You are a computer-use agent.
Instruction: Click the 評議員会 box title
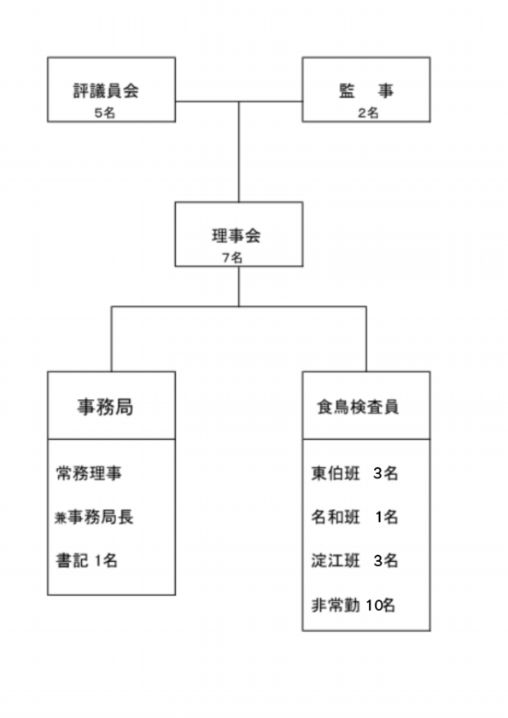(106, 90)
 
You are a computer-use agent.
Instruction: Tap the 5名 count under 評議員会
(105, 113)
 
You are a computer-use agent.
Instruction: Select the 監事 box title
(366, 90)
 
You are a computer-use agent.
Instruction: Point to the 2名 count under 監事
(368, 113)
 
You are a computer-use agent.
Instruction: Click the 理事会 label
(236, 236)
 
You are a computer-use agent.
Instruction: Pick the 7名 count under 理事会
(232, 258)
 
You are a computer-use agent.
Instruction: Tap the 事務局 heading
(105, 407)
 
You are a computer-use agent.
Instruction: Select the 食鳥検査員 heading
(358, 407)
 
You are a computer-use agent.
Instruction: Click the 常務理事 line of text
(89, 473)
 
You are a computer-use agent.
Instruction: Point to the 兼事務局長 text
(94, 517)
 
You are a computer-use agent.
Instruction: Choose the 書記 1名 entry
(86, 560)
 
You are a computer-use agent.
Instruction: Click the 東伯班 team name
(336, 473)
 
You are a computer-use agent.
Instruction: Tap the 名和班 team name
(336, 517)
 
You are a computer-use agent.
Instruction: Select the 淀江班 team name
(336, 560)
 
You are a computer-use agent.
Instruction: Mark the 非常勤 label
(336, 605)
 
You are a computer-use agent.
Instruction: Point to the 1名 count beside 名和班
(387, 517)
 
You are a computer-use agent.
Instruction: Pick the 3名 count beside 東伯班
(386, 473)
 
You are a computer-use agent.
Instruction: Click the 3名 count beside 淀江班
(386, 560)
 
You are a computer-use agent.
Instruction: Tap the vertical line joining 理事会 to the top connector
(238, 152)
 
